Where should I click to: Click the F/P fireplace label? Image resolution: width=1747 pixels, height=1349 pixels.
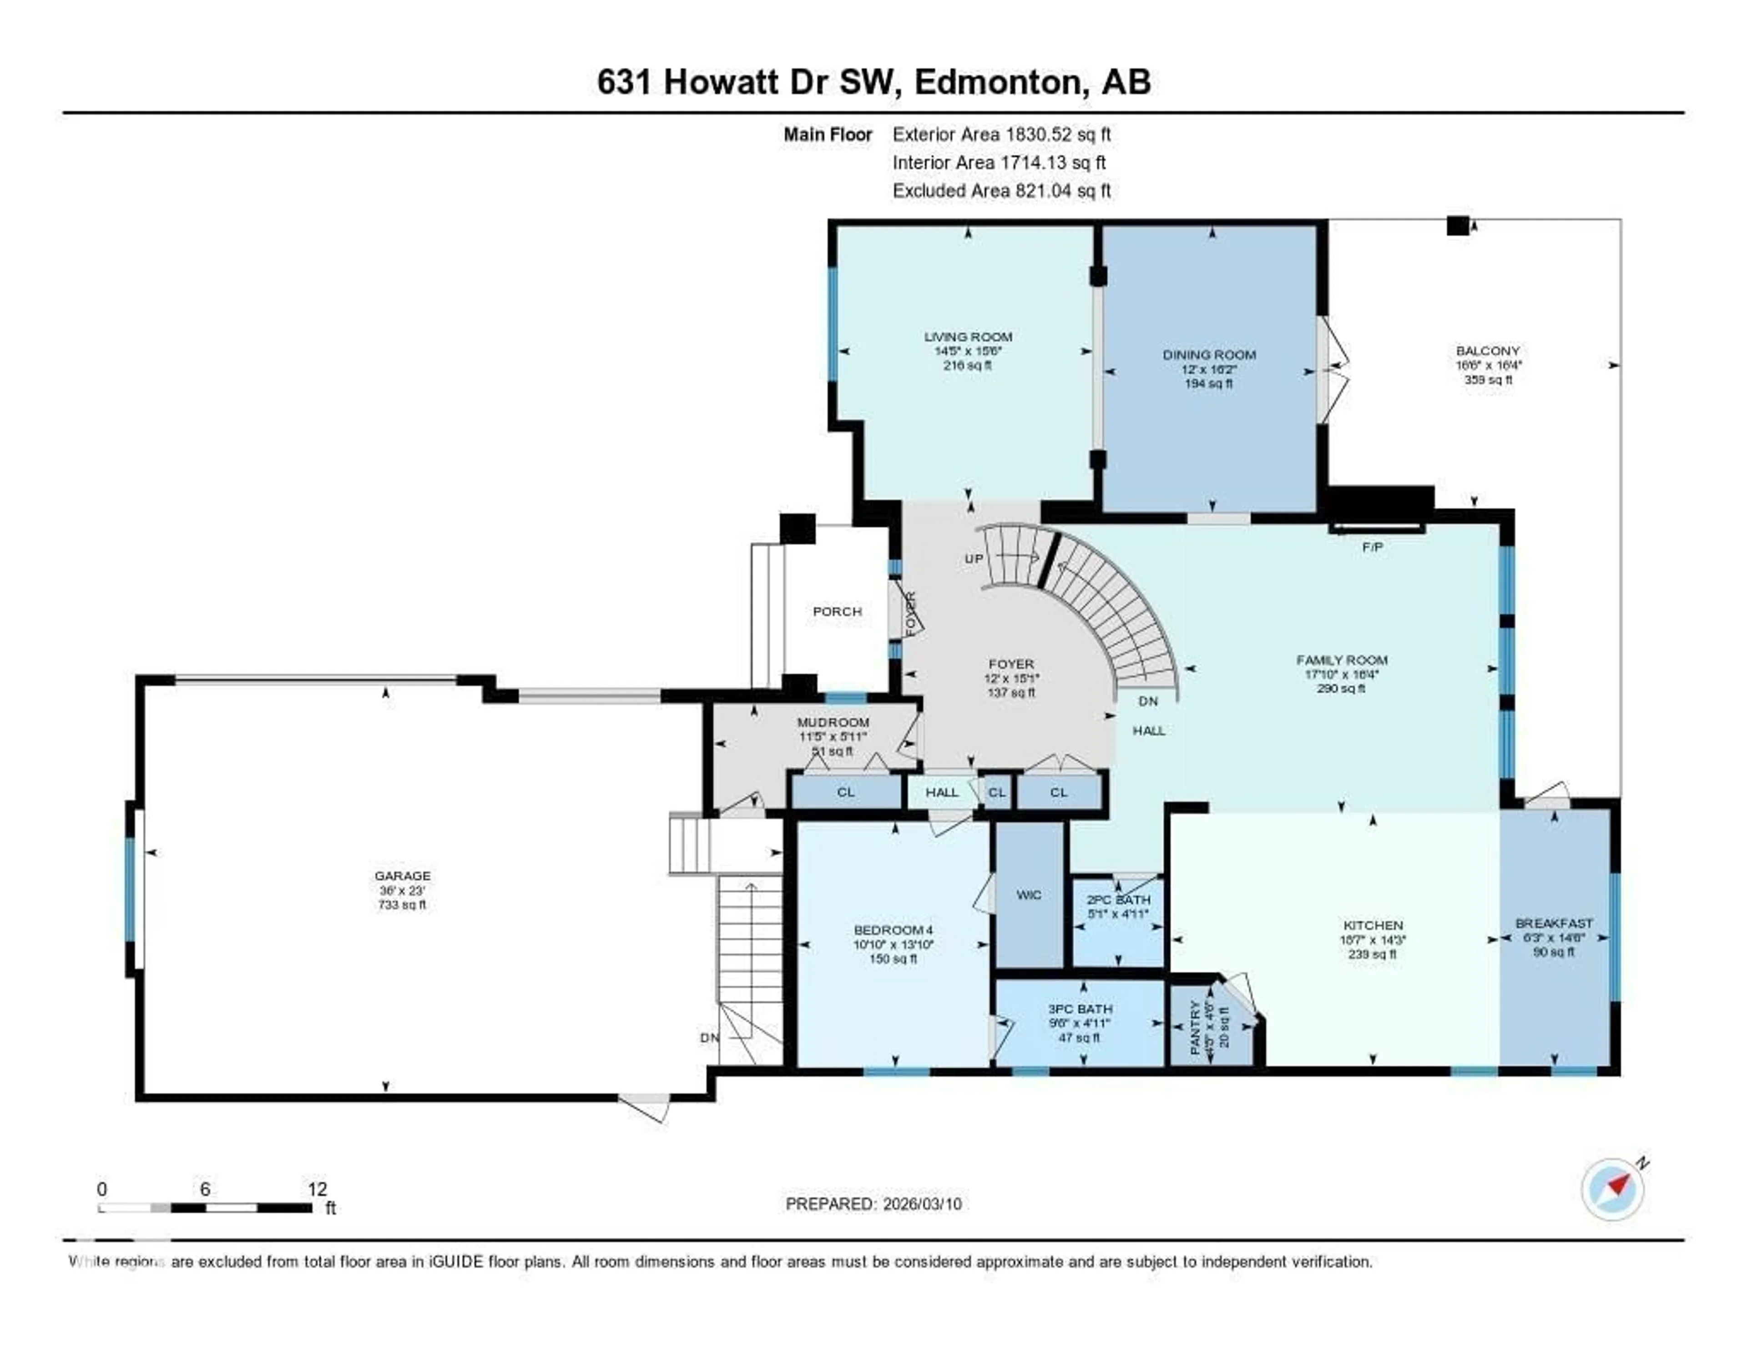pyautogui.click(x=1373, y=548)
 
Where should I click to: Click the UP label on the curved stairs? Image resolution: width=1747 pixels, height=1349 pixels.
pyautogui.click(x=974, y=559)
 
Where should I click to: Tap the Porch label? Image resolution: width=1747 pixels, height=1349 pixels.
pyautogui.click(x=837, y=612)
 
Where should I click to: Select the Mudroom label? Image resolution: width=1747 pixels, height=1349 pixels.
pyautogui.click(x=833, y=723)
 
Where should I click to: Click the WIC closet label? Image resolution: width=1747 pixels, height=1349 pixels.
pyautogui.click(x=1029, y=895)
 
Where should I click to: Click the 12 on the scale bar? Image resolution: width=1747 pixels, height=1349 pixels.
pyautogui.click(x=317, y=1189)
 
